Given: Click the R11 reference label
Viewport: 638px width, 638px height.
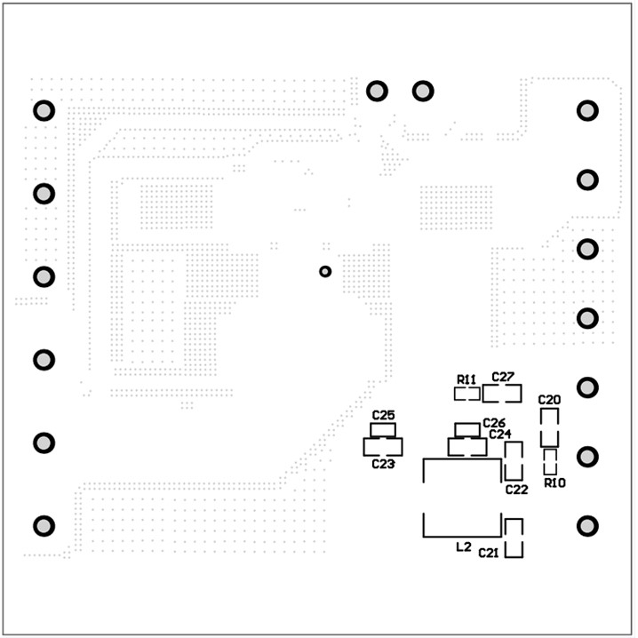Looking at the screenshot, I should [466, 379].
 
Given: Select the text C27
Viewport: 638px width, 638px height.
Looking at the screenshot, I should [504, 377].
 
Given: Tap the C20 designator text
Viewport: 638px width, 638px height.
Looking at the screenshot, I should [550, 400].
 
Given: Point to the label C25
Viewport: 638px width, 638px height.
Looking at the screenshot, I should [384, 415].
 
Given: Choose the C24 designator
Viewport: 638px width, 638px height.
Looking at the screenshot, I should [500, 435].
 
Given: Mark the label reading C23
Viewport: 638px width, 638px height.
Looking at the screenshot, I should [383, 464].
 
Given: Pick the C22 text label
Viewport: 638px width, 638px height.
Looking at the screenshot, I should [516, 490].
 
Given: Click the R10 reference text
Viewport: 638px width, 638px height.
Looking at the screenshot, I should [555, 482].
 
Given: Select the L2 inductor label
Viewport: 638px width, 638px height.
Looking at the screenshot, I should [463, 547].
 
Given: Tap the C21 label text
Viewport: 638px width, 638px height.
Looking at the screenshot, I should [489, 554].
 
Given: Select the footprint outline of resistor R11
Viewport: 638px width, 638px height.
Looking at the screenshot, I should [467, 393].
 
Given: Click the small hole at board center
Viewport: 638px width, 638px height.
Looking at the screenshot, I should [325, 271].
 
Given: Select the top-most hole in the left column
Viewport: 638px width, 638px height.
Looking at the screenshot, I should [44, 111].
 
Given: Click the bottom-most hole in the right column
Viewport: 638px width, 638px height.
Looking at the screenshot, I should [587, 526].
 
